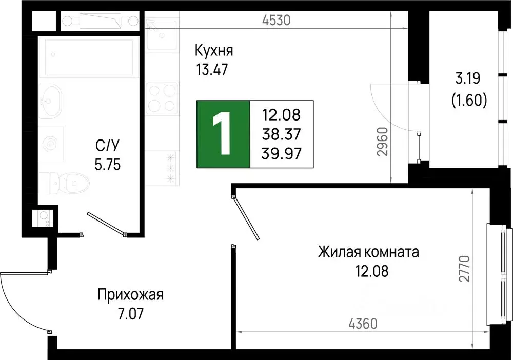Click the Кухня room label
[214, 51]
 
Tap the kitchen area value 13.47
[210, 69]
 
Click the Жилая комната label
[368, 252]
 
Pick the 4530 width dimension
[276, 21]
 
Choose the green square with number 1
[223, 134]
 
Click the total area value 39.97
[281, 152]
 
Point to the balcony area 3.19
[468, 79]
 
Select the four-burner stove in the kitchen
[162, 99]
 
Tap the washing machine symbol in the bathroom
[51, 144]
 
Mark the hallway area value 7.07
[130, 311]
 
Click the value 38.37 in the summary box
[281, 133]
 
